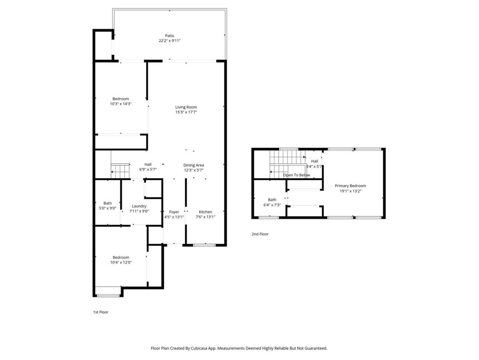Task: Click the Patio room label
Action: (169, 36)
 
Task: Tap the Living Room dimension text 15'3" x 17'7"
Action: (186, 112)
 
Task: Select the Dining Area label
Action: (193, 165)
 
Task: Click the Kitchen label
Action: (205, 212)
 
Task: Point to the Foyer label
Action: (174, 212)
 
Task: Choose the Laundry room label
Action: (139, 206)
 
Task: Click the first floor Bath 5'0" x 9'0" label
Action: (107, 203)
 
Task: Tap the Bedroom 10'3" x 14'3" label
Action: (120, 99)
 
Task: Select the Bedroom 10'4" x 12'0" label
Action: (120, 257)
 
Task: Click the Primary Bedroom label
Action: (350, 186)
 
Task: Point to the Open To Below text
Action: (296, 175)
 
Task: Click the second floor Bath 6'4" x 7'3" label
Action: (272, 200)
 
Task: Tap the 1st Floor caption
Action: (100, 312)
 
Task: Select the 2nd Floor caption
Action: (260, 234)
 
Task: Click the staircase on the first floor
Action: (120, 171)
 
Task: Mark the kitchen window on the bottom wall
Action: (204, 245)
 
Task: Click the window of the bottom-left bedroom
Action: (108, 295)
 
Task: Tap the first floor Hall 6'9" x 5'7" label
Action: (148, 165)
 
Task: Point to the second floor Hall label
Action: (314, 161)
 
